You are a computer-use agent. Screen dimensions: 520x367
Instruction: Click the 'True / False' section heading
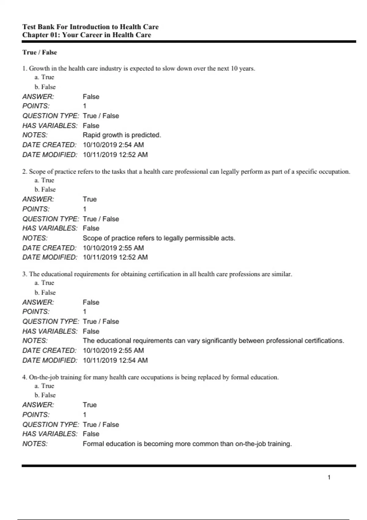(39, 52)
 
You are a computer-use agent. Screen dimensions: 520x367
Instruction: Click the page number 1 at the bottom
(329, 477)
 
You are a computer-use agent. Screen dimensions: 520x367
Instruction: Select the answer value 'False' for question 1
(91, 97)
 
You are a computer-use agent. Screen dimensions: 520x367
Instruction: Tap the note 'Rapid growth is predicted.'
(122, 135)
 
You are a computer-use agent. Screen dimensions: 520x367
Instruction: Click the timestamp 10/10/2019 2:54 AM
(113, 145)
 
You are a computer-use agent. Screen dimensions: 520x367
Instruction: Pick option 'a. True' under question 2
(44, 180)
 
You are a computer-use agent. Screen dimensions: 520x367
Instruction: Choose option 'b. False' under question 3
(45, 292)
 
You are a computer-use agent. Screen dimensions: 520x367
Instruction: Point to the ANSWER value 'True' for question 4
(90, 405)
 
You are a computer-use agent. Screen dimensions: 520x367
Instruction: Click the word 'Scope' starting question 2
(37, 172)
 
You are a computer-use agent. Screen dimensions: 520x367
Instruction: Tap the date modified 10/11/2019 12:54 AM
(115, 360)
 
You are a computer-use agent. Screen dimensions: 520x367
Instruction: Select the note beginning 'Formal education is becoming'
(187, 444)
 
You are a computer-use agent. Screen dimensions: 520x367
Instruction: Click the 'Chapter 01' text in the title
(41, 35)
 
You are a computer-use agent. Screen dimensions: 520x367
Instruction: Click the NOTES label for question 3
(35, 340)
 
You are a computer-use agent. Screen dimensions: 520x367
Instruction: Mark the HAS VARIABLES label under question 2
(50, 228)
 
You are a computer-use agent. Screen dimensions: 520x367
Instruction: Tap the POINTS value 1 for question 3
(85, 311)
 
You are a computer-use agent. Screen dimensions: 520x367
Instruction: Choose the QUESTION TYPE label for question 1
(50, 116)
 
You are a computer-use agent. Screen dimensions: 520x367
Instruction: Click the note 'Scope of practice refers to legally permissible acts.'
(159, 238)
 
